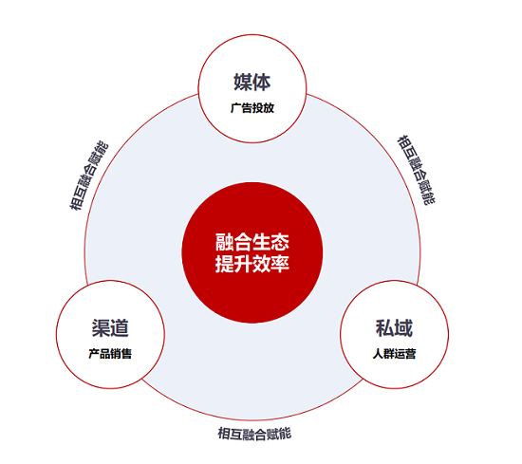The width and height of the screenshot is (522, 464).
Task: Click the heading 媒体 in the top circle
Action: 252,83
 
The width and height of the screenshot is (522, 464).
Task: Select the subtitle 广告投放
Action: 252,108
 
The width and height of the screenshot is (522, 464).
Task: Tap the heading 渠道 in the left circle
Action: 110,328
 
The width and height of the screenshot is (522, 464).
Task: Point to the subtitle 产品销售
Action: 110,354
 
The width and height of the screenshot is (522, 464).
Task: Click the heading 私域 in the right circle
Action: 394,328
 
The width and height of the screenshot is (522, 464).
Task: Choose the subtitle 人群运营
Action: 394,354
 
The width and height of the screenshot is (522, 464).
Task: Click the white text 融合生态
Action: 252,242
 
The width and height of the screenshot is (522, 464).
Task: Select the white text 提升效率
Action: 252,264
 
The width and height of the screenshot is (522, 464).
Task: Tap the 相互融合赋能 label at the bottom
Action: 254,434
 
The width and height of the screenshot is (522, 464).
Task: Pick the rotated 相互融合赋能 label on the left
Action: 89,176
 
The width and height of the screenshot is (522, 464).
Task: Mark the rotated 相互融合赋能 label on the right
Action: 416,170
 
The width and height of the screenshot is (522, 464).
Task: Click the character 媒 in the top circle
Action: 243,83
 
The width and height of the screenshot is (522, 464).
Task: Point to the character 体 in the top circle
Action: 262,83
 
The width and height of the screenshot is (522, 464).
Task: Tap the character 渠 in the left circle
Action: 101,328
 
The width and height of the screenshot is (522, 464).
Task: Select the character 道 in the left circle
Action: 120,328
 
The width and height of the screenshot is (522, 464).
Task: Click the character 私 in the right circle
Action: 384,328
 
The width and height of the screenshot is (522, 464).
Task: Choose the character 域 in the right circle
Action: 403,328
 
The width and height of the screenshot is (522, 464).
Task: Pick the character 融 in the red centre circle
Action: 224,242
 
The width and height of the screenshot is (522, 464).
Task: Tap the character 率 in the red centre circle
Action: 280,264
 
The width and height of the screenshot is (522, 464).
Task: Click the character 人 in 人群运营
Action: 378,354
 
